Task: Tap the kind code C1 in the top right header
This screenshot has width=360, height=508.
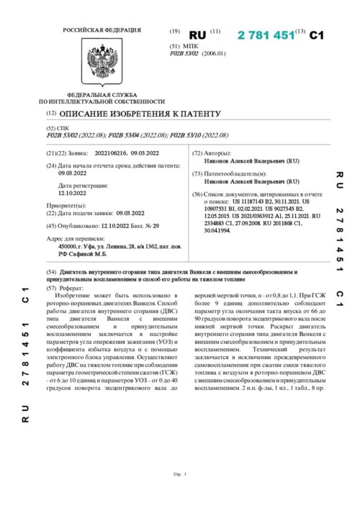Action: (318, 34)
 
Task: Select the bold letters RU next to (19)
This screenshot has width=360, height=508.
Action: (197, 34)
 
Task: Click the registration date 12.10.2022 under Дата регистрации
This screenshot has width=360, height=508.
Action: (72, 193)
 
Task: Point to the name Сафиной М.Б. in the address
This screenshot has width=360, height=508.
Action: (89, 253)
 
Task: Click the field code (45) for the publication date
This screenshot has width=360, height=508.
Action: (50, 225)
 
